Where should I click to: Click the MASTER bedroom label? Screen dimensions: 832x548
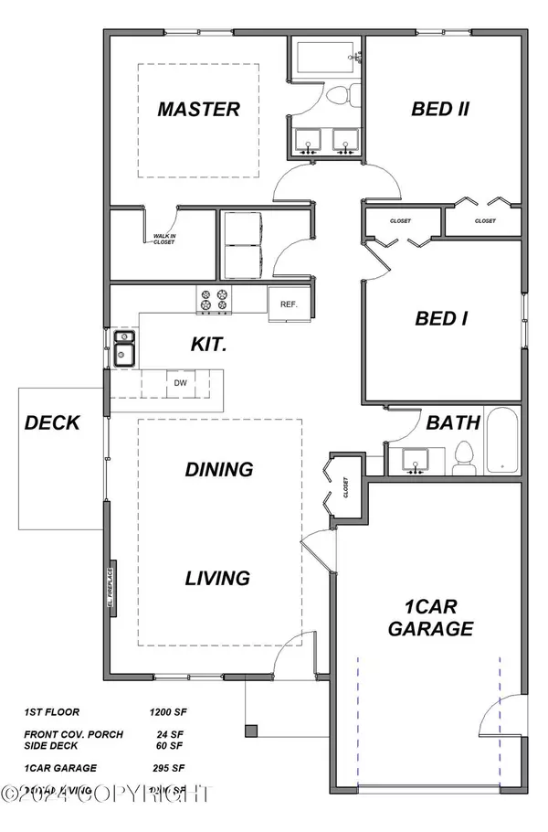coord(198,110)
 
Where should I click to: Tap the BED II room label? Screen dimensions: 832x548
coord(440,110)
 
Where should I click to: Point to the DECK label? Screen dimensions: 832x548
coord(52,423)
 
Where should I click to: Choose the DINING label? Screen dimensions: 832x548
coord(218,470)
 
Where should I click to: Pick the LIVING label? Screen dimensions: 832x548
coord(217,578)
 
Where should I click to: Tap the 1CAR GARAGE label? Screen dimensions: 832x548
coord(430,617)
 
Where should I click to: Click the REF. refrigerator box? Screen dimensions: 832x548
coord(289,304)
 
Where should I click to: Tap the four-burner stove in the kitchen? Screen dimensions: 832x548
coord(213,299)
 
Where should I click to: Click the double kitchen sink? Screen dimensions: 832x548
coord(123,348)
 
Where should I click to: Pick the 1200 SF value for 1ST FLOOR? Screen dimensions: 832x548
coord(168,709)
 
